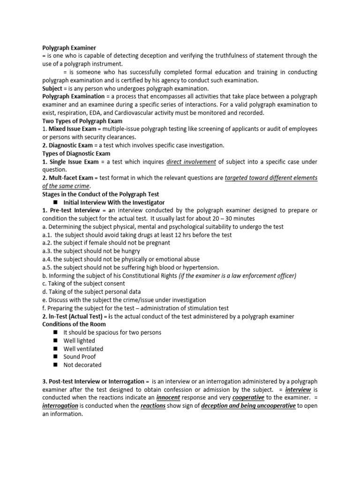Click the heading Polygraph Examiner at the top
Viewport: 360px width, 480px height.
[x=69, y=48]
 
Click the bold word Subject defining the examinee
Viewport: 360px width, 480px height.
[x=52, y=89]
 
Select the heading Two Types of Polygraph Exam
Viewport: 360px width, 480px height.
[x=82, y=121]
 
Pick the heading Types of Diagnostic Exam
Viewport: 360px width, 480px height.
[x=76, y=153]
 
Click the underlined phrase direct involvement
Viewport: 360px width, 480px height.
[x=191, y=162]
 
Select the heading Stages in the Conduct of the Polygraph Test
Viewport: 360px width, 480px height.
[x=101, y=194]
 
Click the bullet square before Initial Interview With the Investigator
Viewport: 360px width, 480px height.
[x=55, y=202]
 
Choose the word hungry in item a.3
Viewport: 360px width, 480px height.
[x=130, y=251]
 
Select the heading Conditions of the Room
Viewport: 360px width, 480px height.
[x=74, y=324]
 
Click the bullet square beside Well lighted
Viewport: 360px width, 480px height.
[x=55, y=340]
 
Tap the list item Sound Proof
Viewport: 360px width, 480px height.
[x=80, y=357]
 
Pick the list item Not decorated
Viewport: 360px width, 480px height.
[x=82, y=365]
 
